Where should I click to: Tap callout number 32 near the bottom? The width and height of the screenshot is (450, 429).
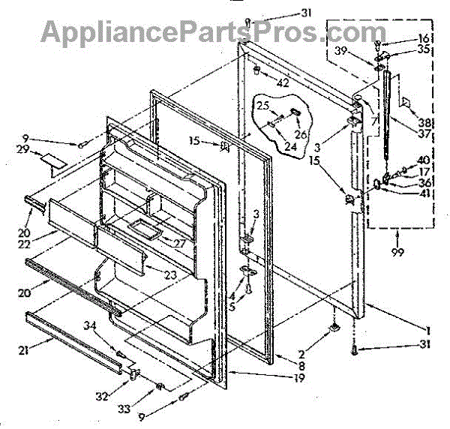[100, 394]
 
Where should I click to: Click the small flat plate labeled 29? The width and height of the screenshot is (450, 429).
[54, 160]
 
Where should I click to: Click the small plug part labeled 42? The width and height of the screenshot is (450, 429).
[256, 70]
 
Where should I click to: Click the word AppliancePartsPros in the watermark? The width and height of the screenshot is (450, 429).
[165, 32]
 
